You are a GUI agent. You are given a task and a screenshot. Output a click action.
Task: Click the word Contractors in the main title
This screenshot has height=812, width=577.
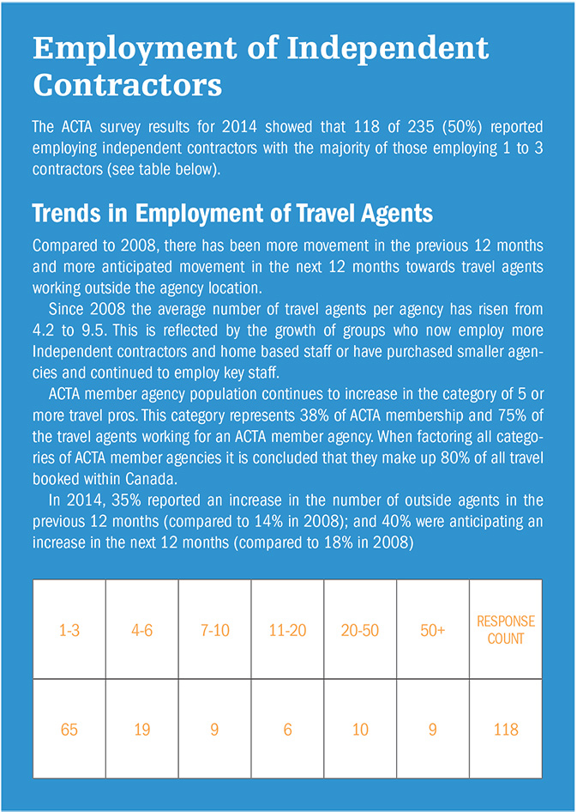(x=127, y=84)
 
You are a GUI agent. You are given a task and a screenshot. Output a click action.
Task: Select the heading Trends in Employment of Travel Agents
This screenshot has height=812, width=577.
(x=232, y=213)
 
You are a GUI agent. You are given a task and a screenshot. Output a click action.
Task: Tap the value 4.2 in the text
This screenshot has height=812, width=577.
(x=43, y=325)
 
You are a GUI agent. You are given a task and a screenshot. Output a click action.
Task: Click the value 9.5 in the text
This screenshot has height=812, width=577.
(x=94, y=325)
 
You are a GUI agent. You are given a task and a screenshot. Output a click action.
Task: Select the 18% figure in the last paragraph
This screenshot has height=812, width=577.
(x=361, y=542)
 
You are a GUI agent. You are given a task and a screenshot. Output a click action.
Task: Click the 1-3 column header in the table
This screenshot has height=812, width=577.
(x=69, y=630)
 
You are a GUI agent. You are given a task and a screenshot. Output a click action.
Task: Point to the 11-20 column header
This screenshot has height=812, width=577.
(x=287, y=630)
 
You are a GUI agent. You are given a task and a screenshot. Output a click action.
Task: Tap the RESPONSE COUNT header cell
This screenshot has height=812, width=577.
(x=506, y=630)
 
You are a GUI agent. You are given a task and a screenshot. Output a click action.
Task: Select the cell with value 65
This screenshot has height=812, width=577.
(x=69, y=729)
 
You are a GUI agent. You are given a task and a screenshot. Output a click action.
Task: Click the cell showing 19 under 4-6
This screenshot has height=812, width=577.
(x=142, y=729)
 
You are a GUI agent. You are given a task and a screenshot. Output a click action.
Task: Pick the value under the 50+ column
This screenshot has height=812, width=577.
(x=433, y=729)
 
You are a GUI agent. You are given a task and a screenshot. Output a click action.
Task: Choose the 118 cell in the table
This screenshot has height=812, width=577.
(x=506, y=729)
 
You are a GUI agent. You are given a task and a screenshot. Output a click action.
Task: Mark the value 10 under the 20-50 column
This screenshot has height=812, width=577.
(x=360, y=729)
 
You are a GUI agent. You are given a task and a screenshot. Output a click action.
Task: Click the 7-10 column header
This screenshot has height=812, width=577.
(x=214, y=630)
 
